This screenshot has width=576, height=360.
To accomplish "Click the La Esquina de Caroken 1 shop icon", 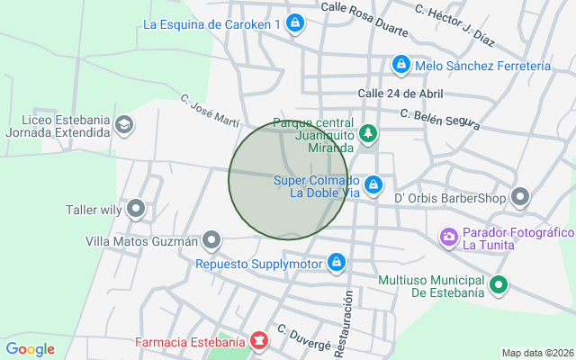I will click(x=294, y=25).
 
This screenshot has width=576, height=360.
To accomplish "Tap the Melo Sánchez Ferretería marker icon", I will click(x=401, y=66).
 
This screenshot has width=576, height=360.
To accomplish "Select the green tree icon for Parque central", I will click(x=368, y=134).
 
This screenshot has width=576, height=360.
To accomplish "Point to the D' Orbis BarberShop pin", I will click(x=520, y=197).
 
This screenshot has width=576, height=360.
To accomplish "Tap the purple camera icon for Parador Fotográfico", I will click(x=448, y=238).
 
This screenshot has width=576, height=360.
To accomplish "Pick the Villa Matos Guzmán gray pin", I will click(x=211, y=240).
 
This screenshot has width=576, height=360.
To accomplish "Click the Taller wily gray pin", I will click(x=137, y=210).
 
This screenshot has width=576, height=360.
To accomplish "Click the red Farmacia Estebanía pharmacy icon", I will click(x=259, y=342).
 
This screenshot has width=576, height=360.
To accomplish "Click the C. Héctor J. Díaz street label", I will click(x=455, y=25).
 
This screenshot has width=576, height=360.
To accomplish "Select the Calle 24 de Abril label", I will click(x=400, y=94).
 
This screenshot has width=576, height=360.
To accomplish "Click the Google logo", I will click(x=30, y=349).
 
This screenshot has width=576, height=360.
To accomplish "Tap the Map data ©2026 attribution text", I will click(x=537, y=353).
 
